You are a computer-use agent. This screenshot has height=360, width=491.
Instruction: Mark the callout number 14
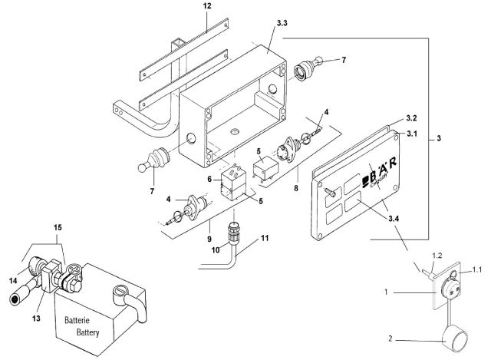tap(11, 261)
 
